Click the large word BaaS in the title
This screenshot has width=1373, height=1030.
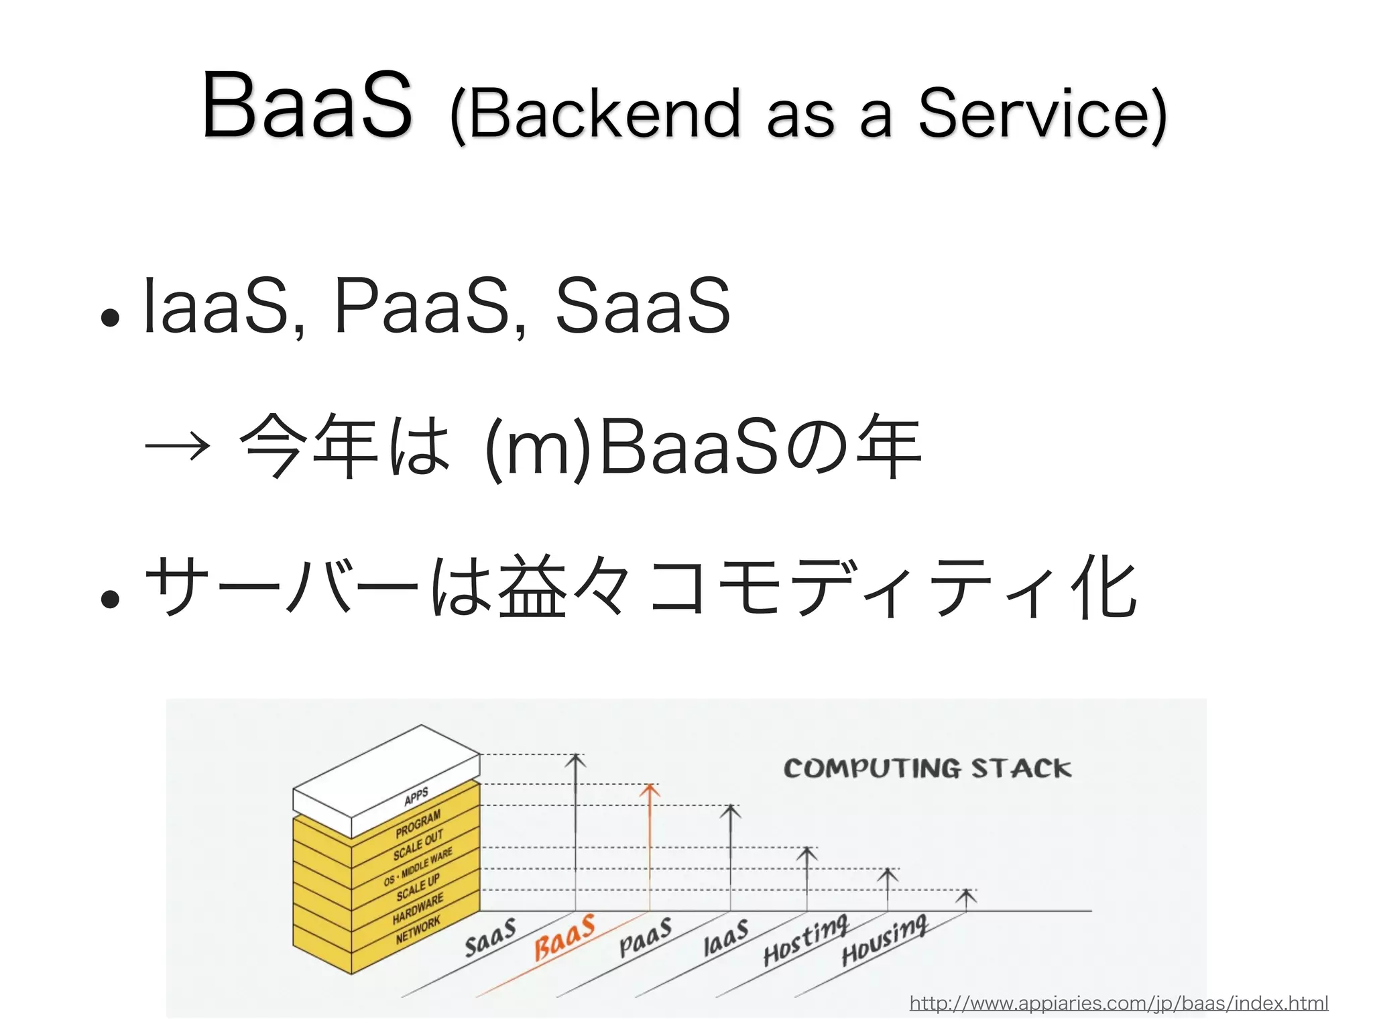[307, 106]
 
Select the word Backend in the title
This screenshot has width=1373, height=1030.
[603, 114]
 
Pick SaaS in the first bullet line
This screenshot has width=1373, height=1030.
[642, 306]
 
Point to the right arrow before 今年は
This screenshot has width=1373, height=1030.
[177, 446]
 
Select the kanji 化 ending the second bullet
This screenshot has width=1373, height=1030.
[1103, 587]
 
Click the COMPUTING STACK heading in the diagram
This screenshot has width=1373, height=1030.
[927, 768]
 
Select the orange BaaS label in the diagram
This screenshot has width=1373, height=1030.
[564, 937]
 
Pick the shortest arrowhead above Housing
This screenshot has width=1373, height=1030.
[965, 895]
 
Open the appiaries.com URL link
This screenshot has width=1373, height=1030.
[1118, 1003]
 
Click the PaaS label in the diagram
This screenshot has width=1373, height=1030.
[645, 937]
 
